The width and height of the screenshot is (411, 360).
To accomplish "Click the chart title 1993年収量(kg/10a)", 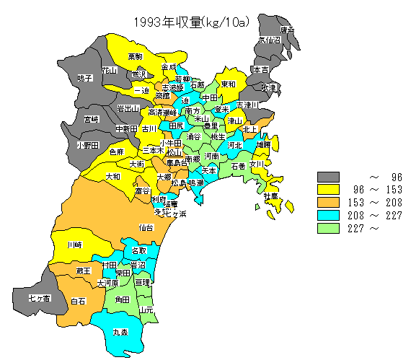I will coord(190,22).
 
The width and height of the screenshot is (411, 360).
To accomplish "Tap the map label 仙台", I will coord(146,227).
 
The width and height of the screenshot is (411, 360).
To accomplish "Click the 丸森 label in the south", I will coord(120,333).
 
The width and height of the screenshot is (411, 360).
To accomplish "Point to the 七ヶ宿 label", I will coord(39,298).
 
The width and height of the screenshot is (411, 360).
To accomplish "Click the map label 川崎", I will coord(74,245).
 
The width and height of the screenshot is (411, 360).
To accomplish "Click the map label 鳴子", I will coord(85,77).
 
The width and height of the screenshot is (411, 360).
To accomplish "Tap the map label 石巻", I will coord(239,166).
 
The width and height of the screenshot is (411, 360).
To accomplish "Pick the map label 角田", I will coord(122,299).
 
